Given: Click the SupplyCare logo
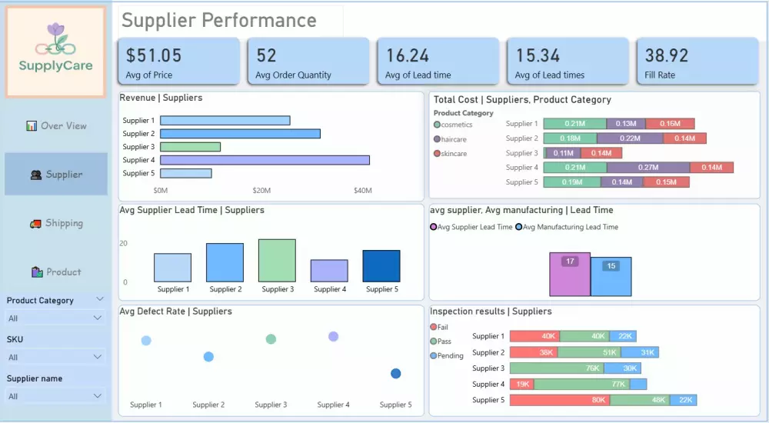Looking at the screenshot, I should [x=55, y=52].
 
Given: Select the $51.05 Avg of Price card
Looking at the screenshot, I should [x=178, y=62].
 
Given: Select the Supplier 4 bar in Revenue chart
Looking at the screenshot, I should [x=265, y=160].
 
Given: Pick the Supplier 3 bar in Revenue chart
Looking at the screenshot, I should [x=190, y=147].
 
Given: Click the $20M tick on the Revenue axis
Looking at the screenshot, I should [x=261, y=191].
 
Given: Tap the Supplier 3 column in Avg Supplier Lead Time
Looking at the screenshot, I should [x=277, y=260].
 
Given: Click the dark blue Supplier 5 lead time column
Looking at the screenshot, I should [x=381, y=266].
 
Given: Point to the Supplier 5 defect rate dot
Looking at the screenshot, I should [x=395, y=374].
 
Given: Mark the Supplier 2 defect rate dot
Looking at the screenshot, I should [x=208, y=357].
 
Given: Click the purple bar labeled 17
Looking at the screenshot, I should [x=570, y=275].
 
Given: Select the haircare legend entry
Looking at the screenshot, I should [x=453, y=139].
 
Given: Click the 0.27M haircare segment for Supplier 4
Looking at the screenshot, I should [x=647, y=168].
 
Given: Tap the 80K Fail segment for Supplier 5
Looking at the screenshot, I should [x=559, y=400].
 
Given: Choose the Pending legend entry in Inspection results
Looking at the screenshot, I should [x=450, y=356].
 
